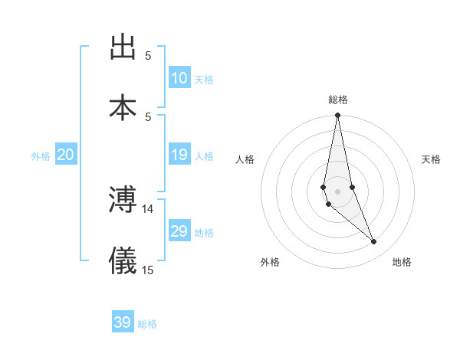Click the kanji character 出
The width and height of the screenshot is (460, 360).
(123, 47)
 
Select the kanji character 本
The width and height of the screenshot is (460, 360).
(123, 107)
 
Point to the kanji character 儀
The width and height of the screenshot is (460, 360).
(123, 261)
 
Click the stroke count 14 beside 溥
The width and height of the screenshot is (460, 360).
(148, 208)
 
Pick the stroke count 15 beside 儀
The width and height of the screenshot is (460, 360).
(148, 269)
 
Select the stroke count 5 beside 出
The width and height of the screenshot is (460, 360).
(148, 55)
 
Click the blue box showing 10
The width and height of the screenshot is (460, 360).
(179, 78)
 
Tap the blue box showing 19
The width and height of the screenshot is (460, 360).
(179, 155)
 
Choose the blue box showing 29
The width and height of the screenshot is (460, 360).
(179, 231)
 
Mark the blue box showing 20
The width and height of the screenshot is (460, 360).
(66, 155)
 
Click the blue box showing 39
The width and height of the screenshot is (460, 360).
(123, 322)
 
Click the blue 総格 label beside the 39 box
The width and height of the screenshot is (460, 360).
(147, 324)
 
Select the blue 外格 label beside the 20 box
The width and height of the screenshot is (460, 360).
(41, 156)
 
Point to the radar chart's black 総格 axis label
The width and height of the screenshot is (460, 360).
(338, 100)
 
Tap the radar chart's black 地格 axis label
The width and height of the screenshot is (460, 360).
(402, 262)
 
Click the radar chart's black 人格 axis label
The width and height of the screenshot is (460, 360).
(245, 159)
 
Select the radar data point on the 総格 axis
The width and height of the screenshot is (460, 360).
(337, 116)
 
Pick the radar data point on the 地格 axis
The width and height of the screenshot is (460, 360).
(374, 242)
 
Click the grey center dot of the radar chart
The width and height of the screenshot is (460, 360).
(337, 191)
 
